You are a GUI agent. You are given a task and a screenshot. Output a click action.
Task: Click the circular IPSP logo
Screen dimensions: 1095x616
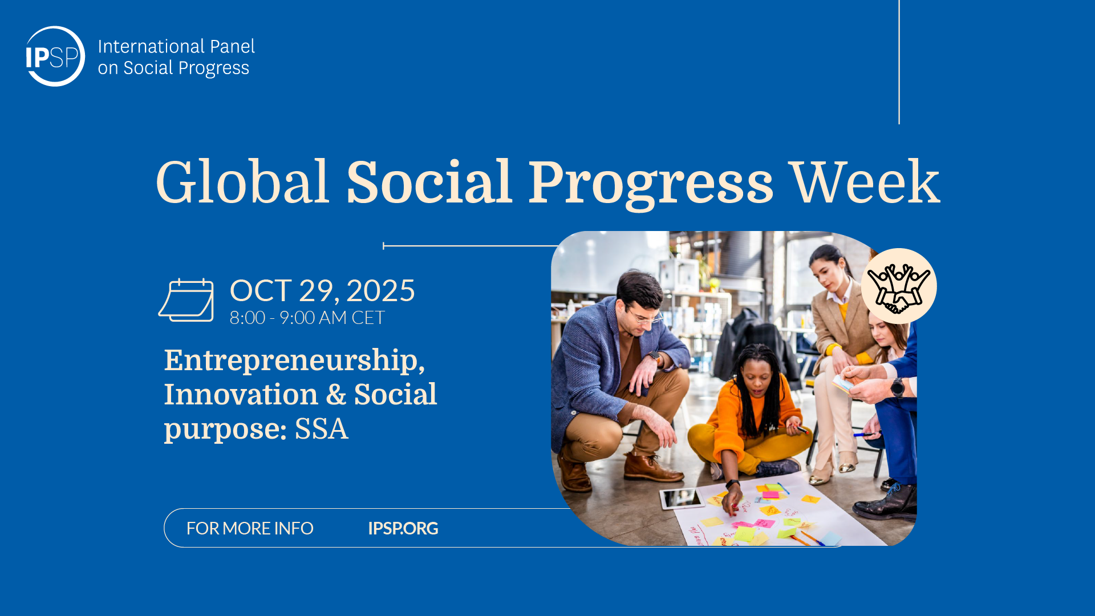(x=55, y=56)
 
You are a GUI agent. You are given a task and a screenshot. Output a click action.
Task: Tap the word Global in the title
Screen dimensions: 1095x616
(x=242, y=182)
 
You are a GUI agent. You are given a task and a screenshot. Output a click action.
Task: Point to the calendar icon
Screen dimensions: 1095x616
(x=186, y=300)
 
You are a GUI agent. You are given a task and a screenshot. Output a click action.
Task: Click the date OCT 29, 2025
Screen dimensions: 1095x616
(x=322, y=291)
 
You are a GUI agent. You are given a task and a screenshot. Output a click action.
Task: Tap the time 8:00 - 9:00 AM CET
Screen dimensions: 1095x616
(x=307, y=318)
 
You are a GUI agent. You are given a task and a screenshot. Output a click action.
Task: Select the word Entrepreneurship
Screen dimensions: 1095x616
(x=294, y=361)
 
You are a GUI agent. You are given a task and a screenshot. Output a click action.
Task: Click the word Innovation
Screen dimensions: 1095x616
(x=241, y=394)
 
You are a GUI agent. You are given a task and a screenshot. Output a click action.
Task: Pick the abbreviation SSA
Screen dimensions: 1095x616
(x=321, y=429)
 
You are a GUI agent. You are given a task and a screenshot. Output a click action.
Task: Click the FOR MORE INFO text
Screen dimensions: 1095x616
(x=250, y=528)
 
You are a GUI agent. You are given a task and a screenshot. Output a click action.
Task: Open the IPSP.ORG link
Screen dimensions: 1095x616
(x=403, y=528)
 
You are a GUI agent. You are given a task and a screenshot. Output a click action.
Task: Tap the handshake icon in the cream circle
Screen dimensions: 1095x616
(x=899, y=287)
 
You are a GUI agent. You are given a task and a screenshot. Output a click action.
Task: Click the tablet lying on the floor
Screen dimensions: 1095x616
(x=682, y=499)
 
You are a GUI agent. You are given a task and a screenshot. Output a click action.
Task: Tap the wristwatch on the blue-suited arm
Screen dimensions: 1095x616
(x=897, y=387)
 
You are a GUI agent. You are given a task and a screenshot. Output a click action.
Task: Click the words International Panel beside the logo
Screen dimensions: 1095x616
(x=176, y=46)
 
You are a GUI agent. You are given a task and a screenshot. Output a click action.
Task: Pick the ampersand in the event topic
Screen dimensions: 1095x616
(x=336, y=394)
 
